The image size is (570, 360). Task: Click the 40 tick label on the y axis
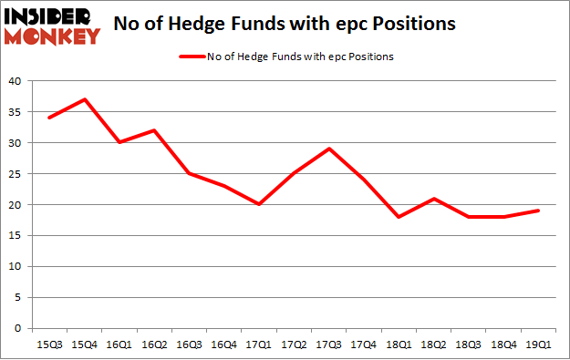click(x=16, y=81)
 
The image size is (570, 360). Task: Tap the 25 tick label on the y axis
click(x=16, y=173)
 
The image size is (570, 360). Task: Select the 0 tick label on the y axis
click(x=19, y=328)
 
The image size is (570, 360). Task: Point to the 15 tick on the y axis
click(x=16, y=235)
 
